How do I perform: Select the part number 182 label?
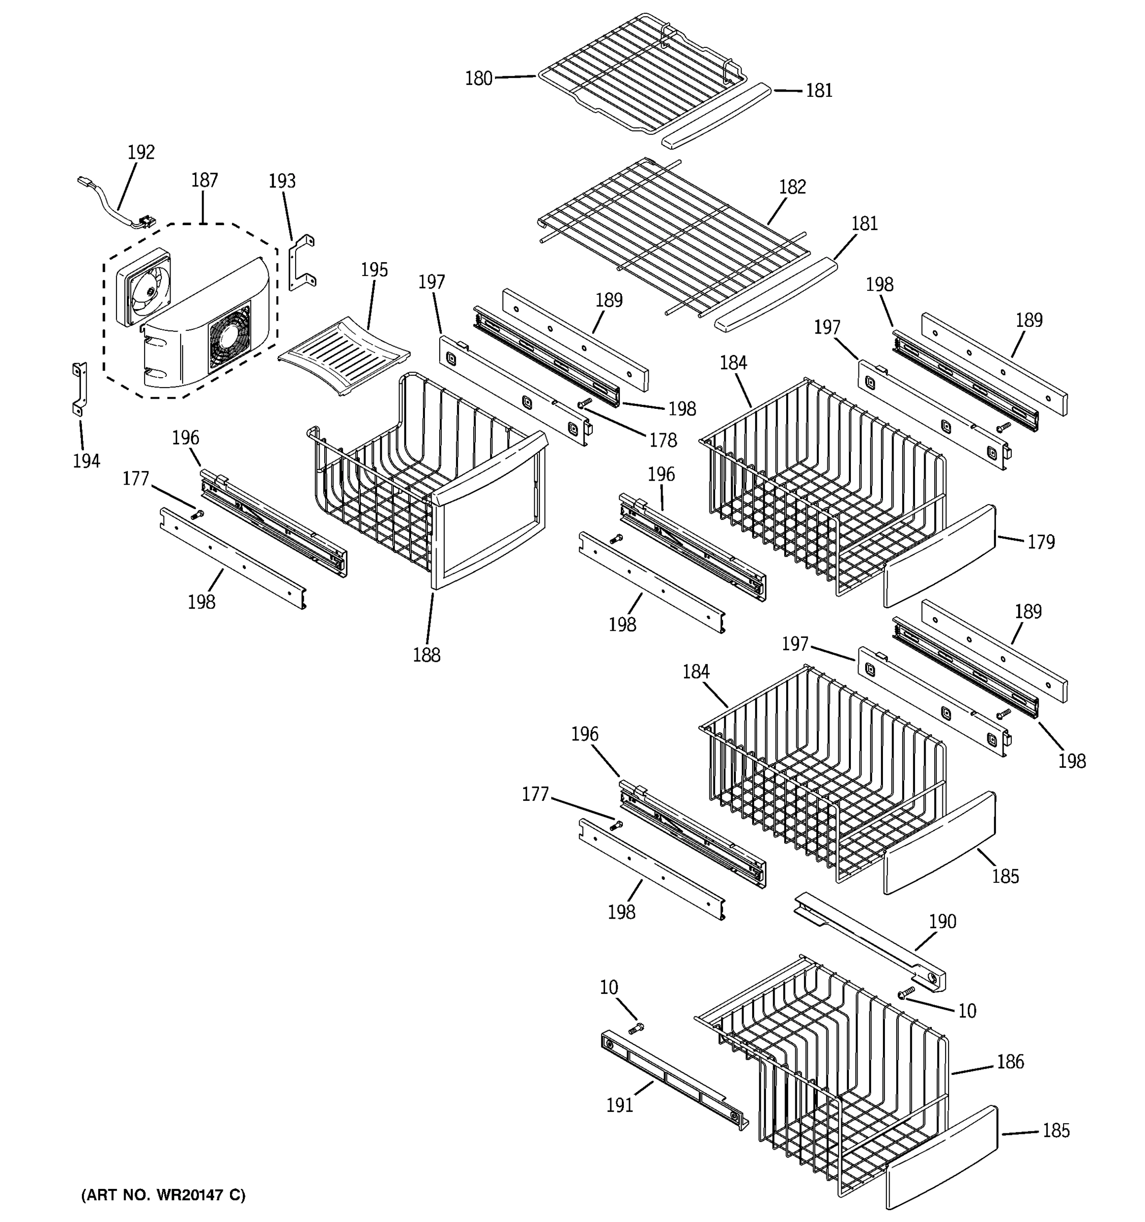(792, 187)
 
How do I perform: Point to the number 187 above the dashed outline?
(204, 180)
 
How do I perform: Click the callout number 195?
(374, 270)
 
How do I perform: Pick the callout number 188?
(426, 655)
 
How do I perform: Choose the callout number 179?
(1041, 542)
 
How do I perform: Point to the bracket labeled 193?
(302, 261)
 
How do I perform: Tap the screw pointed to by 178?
(585, 403)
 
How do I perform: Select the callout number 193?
(282, 181)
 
